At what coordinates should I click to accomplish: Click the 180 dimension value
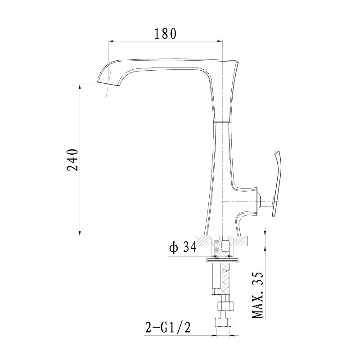(x=165, y=33)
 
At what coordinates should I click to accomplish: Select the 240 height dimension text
(x=72, y=160)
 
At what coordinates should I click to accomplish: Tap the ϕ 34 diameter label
(x=183, y=247)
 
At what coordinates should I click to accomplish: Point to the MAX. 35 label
(x=257, y=295)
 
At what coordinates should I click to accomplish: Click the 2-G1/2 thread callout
(x=168, y=327)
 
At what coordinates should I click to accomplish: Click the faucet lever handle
(x=277, y=183)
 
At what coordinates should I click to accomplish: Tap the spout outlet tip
(x=109, y=84)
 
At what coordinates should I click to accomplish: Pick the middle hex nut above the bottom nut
(x=225, y=306)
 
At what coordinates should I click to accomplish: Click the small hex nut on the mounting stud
(x=216, y=291)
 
